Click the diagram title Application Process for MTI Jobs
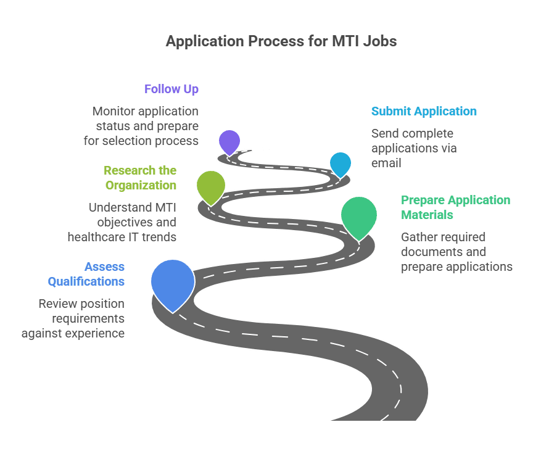[x=281, y=42]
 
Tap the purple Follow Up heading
[x=171, y=89]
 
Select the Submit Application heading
[x=424, y=112]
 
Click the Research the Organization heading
[x=140, y=178]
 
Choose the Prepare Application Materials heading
[x=455, y=207]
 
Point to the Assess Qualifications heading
[x=86, y=274]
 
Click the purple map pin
[x=229, y=141]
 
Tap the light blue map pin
[x=340, y=163]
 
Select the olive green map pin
[x=211, y=186]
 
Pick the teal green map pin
[x=359, y=215]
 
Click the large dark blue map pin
[x=173, y=282]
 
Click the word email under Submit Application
[x=386, y=163]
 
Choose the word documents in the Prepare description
[x=429, y=252]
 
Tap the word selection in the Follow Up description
[x=149, y=141]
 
